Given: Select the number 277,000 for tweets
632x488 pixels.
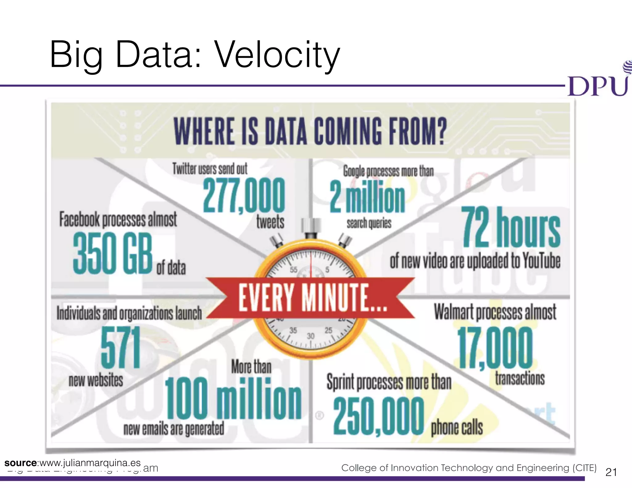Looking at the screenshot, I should click(x=244, y=195).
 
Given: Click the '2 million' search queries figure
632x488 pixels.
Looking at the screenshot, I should click(x=367, y=197).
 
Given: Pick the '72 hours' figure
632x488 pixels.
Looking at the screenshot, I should click(x=511, y=228).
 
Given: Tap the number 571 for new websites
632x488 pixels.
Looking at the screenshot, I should click(x=121, y=348).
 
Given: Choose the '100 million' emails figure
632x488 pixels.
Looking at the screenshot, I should click(x=233, y=399).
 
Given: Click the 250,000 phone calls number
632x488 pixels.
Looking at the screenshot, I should click(x=379, y=416).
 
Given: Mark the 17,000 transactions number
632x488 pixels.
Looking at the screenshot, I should click(x=495, y=348).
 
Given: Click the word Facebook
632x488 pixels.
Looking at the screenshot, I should click(x=80, y=220).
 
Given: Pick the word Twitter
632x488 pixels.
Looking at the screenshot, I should click(x=184, y=169).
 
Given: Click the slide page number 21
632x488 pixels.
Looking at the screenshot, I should click(x=611, y=472).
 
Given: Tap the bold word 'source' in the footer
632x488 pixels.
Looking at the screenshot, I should click(x=20, y=463).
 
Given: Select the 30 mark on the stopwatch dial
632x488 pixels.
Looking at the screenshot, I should click(x=310, y=336).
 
